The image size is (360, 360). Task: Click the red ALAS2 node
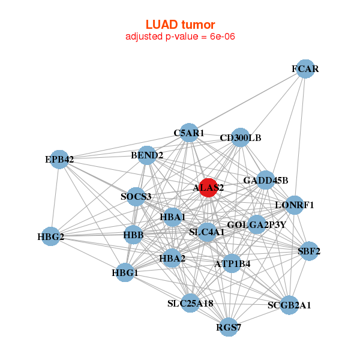tap(208, 188)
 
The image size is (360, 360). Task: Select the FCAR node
tap(305, 69)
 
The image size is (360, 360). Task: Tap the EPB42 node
tap(59, 160)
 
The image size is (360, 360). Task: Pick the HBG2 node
tap(51, 236)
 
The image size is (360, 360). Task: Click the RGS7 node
tap(228, 327)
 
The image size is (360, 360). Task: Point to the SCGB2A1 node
tap(289, 305)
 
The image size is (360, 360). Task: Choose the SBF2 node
tap(308, 251)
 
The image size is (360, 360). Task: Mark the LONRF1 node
tap(294, 205)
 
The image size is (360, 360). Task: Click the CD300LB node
tap(240, 137)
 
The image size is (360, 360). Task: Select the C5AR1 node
tap(189, 133)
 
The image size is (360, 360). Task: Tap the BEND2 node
tap(147, 156)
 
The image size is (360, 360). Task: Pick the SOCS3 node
tap(136, 197)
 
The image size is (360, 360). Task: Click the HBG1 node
tap(125, 273)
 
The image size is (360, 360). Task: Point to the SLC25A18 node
tap(191, 303)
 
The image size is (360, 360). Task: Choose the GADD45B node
tap(266, 180)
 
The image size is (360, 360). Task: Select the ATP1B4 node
tap(232, 263)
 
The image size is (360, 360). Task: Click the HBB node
tap(133, 235)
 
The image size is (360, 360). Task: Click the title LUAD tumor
tap(180, 25)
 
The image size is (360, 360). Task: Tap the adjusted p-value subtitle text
tap(180, 37)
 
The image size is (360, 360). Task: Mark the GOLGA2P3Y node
tap(257, 225)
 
